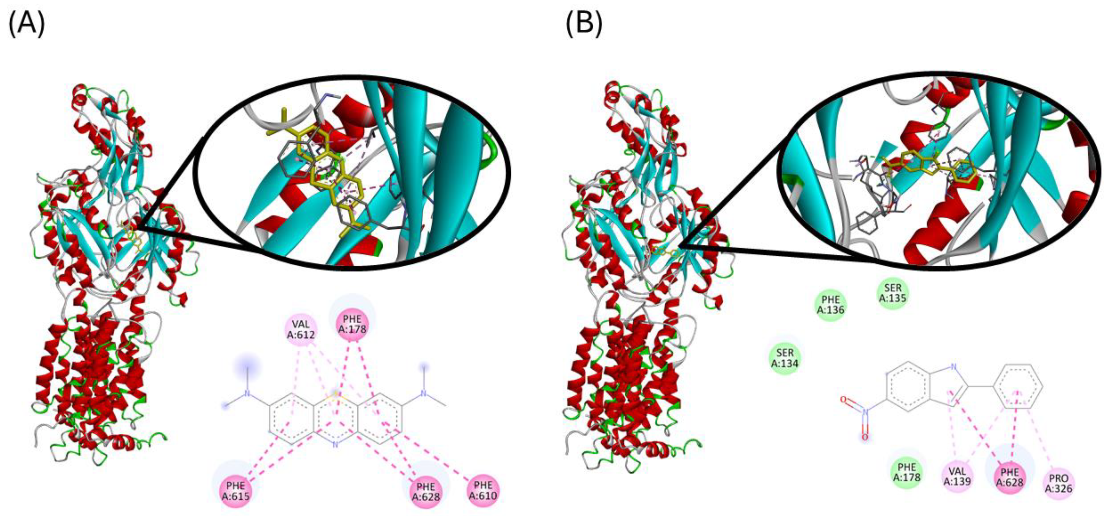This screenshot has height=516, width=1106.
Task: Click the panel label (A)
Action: pyautogui.click(x=27, y=25)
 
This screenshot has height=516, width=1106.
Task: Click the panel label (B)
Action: pyautogui.click(x=584, y=25)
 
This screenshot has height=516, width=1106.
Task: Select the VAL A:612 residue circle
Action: pyautogui.click(x=301, y=329)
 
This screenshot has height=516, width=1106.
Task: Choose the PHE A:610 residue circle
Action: pyautogui.click(x=483, y=490)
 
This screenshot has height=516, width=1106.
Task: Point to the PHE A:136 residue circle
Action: pyautogui.click(x=831, y=304)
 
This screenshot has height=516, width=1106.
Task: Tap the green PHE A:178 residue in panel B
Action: pyautogui.click(x=907, y=472)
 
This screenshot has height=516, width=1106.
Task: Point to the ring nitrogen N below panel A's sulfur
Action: pyautogui.click(x=335, y=445)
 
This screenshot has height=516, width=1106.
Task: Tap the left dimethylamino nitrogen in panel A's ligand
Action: pyautogui.click(x=247, y=393)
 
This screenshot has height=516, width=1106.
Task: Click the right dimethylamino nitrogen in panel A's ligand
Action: pyautogui.click(x=424, y=393)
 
